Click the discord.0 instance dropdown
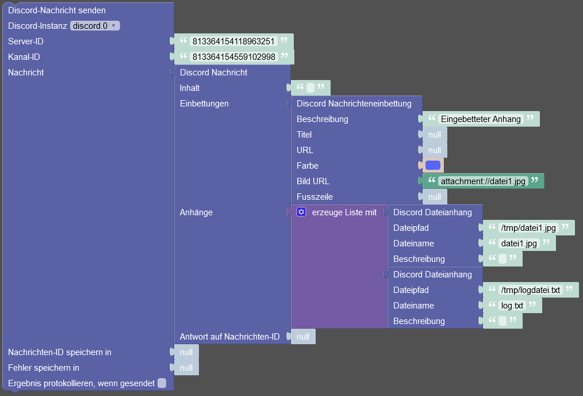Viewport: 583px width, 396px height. pos(95,26)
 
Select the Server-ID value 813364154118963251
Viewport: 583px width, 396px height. pos(233,41)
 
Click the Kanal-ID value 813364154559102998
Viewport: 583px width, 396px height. pos(234,57)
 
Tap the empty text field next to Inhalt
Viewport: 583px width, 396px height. pos(310,88)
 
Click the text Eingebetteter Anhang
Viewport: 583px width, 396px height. pos(481,119)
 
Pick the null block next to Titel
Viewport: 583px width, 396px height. pos(435,135)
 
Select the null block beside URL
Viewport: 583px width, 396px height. pos(435,150)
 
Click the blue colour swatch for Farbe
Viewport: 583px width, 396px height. pos(433,165)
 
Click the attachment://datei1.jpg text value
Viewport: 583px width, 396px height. pos(483,181)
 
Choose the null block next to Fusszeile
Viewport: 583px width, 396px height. pos(435,197)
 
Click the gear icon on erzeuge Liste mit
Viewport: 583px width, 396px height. pos(301,212)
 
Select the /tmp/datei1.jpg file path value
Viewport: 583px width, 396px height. pos(528,228)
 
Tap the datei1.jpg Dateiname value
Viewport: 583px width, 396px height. pos(519,243)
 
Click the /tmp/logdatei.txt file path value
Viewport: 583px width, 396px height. pos(530,290)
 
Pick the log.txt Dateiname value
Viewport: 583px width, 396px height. pos(512,306)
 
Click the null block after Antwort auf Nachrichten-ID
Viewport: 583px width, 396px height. pos(303,337)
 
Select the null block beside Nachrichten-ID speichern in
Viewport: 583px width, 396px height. pos(186,352)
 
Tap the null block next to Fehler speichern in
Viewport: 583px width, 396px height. pos(186,368)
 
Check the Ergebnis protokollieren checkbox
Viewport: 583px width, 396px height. pos(162,383)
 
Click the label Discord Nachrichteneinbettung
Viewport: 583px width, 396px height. pos(354,104)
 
